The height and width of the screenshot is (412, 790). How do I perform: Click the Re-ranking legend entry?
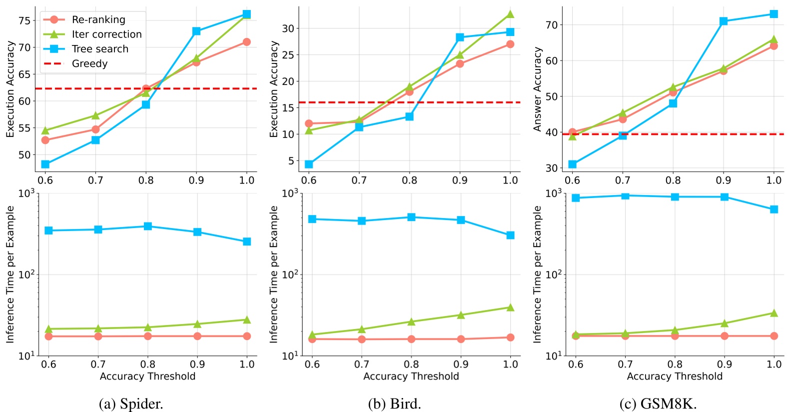click(98, 19)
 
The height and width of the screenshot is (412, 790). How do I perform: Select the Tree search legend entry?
click(100, 49)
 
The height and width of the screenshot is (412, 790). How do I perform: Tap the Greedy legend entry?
click(89, 63)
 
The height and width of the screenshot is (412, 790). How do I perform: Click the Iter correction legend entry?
click(106, 34)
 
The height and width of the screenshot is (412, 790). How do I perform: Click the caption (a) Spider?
click(131, 403)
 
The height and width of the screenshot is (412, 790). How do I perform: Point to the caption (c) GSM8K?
click(658, 403)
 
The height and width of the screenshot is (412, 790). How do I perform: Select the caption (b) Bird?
click(394, 403)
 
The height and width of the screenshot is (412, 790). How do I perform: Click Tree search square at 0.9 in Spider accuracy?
click(196, 31)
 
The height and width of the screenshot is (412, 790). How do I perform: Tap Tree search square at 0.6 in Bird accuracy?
click(309, 164)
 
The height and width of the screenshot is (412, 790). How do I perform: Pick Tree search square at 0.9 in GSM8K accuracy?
click(723, 21)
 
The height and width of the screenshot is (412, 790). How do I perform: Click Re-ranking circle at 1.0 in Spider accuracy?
click(246, 42)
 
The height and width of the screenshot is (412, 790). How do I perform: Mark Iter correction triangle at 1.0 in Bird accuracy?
click(510, 14)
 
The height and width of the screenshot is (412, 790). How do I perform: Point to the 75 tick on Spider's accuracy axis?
click(24, 20)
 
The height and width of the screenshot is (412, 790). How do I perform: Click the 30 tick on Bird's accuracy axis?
click(288, 28)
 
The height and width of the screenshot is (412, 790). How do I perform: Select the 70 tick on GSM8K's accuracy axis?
click(551, 25)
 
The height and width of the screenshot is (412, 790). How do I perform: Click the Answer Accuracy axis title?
click(537, 89)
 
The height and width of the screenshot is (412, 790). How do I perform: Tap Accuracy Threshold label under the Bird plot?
click(411, 376)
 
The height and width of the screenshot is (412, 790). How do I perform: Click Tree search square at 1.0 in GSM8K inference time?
click(774, 209)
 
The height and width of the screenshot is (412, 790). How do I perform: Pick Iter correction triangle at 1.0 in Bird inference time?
click(510, 307)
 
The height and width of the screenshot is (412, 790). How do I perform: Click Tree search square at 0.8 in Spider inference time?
click(147, 226)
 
